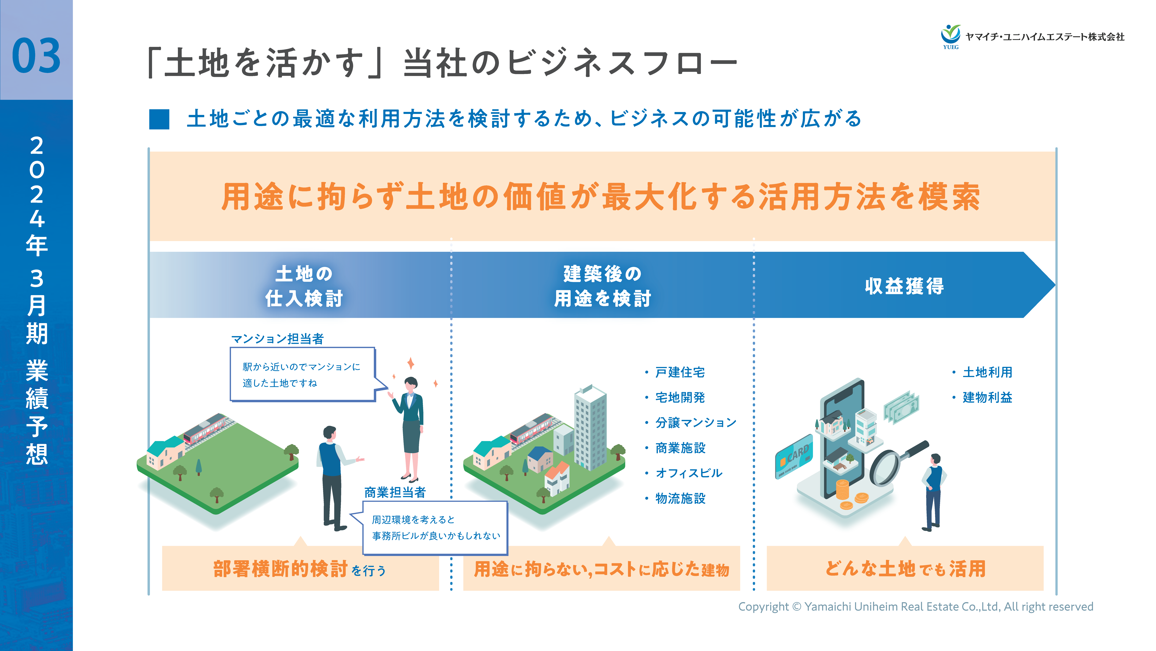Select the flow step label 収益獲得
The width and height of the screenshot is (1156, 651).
click(904, 286)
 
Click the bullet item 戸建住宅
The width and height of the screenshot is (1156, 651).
click(680, 372)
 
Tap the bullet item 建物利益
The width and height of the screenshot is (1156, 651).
click(987, 397)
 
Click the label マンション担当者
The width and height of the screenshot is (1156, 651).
click(277, 339)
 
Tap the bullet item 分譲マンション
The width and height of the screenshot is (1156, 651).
click(696, 423)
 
